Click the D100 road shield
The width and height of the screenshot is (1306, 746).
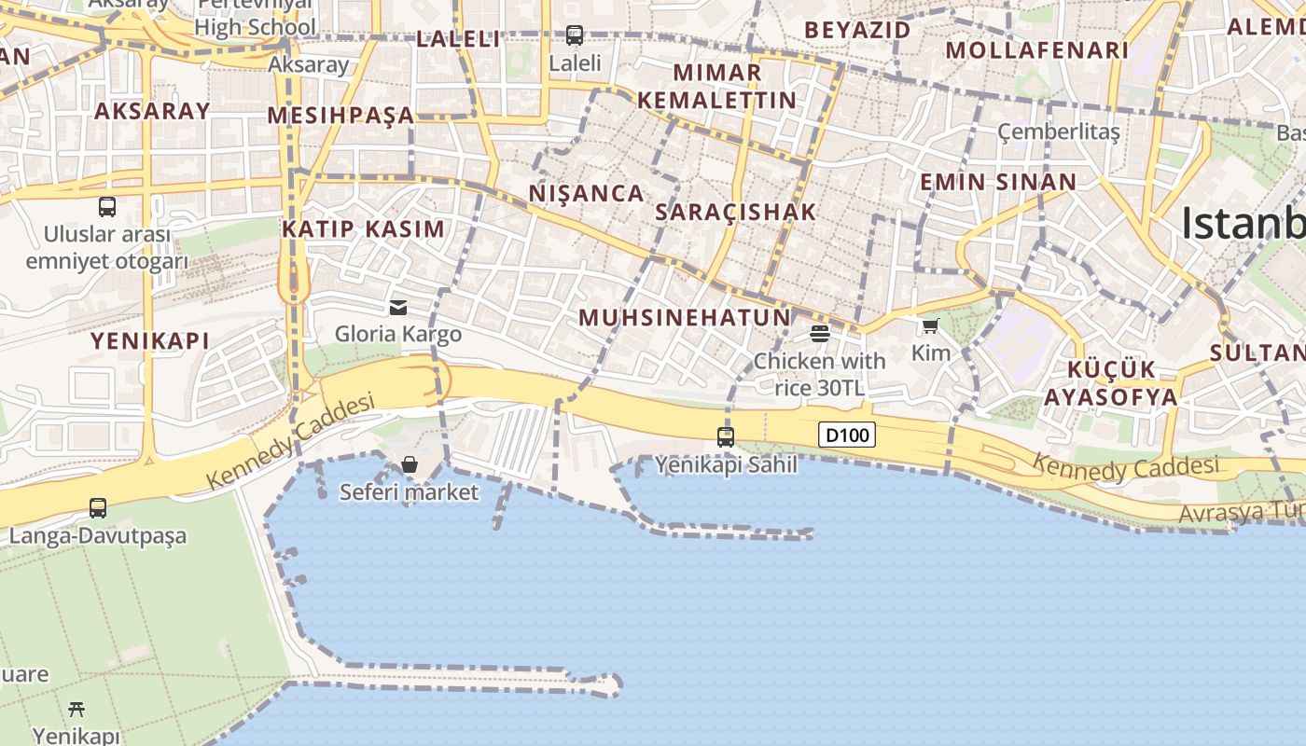click(847, 435)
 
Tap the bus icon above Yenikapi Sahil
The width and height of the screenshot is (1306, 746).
click(726, 436)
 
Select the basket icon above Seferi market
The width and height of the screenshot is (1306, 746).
click(409, 463)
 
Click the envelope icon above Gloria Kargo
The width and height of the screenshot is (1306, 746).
click(398, 307)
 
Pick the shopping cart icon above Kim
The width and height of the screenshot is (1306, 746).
click(930, 325)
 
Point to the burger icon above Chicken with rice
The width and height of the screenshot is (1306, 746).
click(820, 333)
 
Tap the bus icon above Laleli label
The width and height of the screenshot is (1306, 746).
click(575, 35)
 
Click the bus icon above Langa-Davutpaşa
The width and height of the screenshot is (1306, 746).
click(98, 508)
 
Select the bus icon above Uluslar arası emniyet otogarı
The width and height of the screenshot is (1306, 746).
click(107, 207)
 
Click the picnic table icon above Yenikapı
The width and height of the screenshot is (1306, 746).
click(76, 710)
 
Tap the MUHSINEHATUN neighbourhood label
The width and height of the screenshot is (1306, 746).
click(685, 317)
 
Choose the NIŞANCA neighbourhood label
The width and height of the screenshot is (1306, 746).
click(587, 193)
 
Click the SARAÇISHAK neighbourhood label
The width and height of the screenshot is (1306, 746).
click(736, 212)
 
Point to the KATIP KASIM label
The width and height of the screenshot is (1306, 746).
click(364, 228)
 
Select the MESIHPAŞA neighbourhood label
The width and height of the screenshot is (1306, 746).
click(340, 116)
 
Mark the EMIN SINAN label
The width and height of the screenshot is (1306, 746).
click(998, 182)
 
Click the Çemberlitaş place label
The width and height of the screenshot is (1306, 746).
click(1059, 131)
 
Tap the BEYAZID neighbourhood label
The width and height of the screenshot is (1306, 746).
click(857, 30)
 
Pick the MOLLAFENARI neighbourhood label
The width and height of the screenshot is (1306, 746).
click(1037, 50)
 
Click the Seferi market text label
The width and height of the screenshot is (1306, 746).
click(409, 491)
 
